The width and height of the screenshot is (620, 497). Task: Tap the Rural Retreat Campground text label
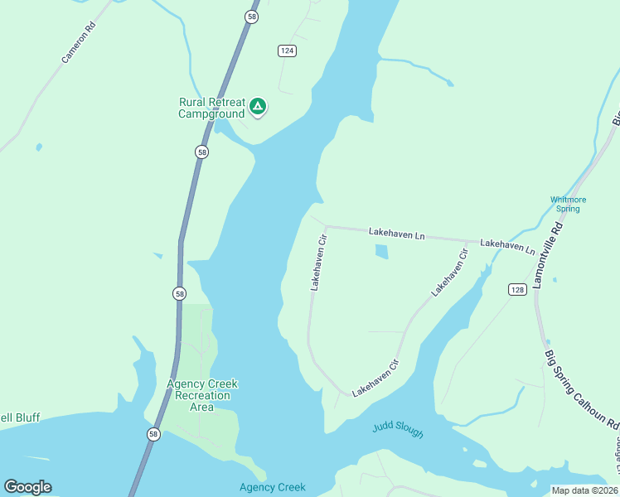tap(211, 108)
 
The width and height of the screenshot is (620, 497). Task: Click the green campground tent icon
tap(258, 106)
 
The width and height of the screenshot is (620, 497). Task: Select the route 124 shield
tap(287, 51)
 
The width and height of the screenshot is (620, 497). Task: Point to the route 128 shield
tap(517, 289)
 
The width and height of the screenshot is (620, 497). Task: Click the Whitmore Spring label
tap(569, 204)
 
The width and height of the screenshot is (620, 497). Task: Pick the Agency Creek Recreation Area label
tap(202, 395)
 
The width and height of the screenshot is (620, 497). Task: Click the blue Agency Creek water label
tap(273, 487)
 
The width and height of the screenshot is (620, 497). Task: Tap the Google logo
tap(27, 487)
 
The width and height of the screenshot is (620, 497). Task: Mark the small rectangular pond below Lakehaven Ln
tap(381, 252)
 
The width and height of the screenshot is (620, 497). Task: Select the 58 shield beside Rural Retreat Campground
tap(201, 152)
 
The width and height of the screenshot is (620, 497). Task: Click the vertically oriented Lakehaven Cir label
tap(320, 262)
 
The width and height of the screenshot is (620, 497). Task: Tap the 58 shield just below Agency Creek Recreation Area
tap(153, 434)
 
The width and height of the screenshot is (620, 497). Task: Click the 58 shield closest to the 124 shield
tap(250, 16)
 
